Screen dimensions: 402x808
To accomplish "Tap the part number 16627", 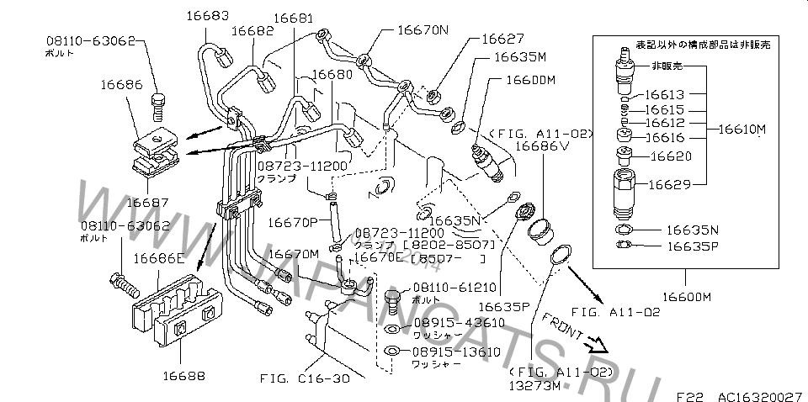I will pyautogui.click(x=502, y=39).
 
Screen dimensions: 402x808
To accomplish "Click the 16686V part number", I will pyautogui.click(x=542, y=145).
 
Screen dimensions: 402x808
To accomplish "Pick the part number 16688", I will pyautogui.click(x=183, y=376).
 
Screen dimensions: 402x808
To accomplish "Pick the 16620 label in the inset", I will pyautogui.click(x=667, y=156).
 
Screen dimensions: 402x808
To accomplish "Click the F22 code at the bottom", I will pyautogui.click(x=689, y=392).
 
